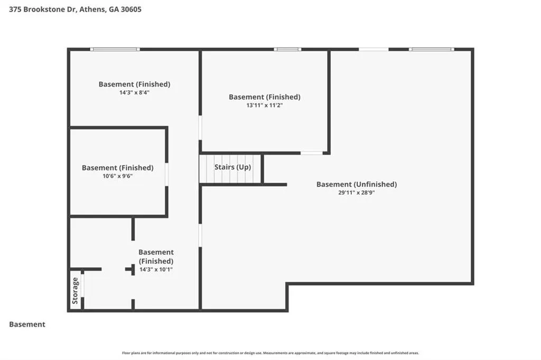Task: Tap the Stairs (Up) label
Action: point(232,167)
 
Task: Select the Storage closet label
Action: point(75,291)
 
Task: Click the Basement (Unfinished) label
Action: point(357,184)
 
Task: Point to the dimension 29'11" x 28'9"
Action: point(357,193)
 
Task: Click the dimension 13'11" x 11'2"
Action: point(265,106)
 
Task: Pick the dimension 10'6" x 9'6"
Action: point(118,176)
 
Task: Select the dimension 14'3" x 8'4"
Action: point(134,93)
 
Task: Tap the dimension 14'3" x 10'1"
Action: point(156,270)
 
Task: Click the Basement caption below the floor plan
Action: point(27,325)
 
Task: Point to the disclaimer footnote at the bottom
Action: point(270,353)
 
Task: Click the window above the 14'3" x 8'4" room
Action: point(115,49)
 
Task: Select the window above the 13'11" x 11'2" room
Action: point(287,49)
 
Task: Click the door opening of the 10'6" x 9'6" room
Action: point(166,175)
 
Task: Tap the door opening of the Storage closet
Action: point(82,285)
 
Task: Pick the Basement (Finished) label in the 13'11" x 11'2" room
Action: point(265,97)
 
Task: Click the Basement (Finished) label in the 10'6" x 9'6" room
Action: point(118,168)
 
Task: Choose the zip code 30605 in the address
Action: point(131,10)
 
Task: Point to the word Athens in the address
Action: point(92,10)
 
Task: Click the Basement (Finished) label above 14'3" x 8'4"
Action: point(134,84)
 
